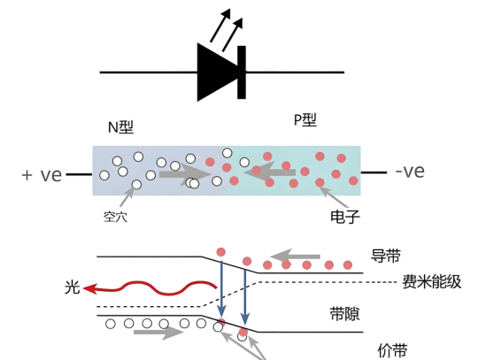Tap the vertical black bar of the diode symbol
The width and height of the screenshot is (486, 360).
click(x=242, y=73)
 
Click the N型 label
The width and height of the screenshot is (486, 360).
click(x=121, y=127)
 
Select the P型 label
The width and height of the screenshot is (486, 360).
click(x=305, y=120)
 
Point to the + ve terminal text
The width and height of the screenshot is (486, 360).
click(x=42, y=175)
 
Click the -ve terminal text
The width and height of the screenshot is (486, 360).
click(x=410, y=172)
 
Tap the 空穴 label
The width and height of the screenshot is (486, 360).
click(x=115, y=217)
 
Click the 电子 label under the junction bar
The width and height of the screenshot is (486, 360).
click(x=345, y=217)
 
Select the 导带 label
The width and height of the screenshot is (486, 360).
click(x=386, y=256)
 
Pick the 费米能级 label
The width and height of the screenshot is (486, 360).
click(x=432, y=282)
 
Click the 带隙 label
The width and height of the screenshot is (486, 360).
click(x=344, y=314)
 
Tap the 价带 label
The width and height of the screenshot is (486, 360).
click(x=392, y=350)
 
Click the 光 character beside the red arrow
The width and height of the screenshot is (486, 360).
click(x=73, y=287)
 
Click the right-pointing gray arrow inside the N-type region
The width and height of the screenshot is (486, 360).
click(x=185, y=174)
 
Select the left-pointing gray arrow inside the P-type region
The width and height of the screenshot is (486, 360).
click(x=270, y=172)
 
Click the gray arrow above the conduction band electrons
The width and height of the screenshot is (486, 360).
click(x=295, y=257)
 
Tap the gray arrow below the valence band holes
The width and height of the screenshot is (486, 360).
click(x=158, y=332)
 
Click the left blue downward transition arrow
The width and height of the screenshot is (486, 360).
click(x=221, y=289)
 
